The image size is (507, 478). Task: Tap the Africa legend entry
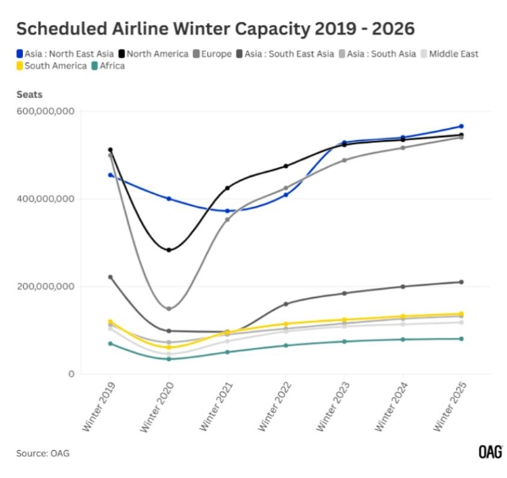(x=110, y=66)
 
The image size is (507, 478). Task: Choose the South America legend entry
(x=51, y=66)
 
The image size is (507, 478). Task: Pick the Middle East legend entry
(x=453, y=53)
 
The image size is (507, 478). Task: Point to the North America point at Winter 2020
(x=169, y=250)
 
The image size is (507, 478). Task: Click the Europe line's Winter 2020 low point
(x=169, y=308)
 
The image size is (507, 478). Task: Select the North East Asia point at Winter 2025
(x=461, y=126)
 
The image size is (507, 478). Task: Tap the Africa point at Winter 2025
(x=461, y=339)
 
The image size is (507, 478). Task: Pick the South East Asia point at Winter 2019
(x=111, y=277)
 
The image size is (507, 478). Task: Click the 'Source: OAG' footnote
(x=42, y=454)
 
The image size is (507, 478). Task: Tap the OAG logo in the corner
(x=490, y=452)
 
